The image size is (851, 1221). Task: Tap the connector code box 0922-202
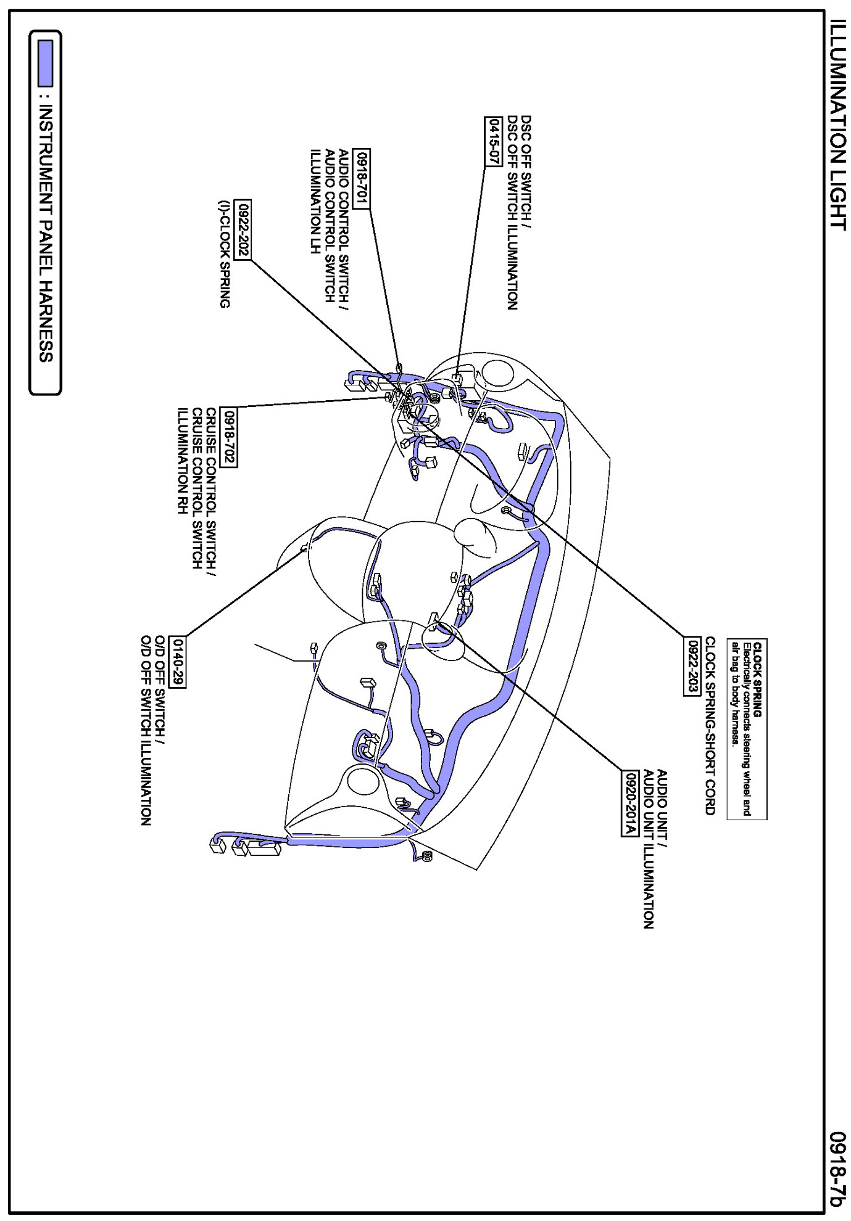click(243, 230)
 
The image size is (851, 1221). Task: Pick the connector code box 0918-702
click(230, 438)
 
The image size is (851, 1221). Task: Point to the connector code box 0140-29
click(178, 662)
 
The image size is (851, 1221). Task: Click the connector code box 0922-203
click(692, 666)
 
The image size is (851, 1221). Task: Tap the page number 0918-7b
click(837, 1169)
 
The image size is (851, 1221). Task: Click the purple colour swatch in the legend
click(45, 63)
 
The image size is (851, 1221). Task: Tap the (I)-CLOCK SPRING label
click(225, 253)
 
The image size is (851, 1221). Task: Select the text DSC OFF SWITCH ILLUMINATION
click(512, 213)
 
